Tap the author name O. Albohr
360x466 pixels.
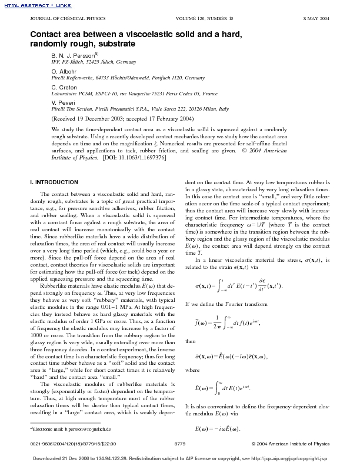[64, 71]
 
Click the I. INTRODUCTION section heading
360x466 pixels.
[54, 182]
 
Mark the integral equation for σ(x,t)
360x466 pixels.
[235, 286]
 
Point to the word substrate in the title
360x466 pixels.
[118, 44]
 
